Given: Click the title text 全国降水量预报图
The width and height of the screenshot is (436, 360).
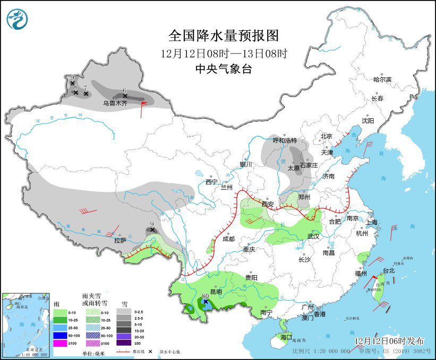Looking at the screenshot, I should point(223,36).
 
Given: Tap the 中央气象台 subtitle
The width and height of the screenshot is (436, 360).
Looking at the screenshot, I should point(223,68).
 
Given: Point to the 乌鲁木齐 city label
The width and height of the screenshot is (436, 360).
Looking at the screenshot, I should point(115,103).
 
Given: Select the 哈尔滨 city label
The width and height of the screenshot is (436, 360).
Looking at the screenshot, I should point(382,80).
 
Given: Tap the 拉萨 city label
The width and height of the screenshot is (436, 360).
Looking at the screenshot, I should point(120,240).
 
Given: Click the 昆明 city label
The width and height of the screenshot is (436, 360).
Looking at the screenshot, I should point(216,292).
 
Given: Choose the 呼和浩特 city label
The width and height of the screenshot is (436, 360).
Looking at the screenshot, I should point(284,141).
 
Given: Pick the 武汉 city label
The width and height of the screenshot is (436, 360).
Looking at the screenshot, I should point(313,236).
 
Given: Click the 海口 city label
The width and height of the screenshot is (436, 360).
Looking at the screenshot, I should point(286,337).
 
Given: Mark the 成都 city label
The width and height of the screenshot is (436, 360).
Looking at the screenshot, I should point(228,239).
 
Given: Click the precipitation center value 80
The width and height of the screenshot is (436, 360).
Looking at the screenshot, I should point(205,296).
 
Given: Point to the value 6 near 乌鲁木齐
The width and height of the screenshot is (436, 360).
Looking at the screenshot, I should point(124,91).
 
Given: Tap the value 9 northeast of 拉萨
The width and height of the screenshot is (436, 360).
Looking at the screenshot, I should point(152,224).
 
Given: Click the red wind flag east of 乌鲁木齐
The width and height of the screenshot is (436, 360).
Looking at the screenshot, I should point(143,108).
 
